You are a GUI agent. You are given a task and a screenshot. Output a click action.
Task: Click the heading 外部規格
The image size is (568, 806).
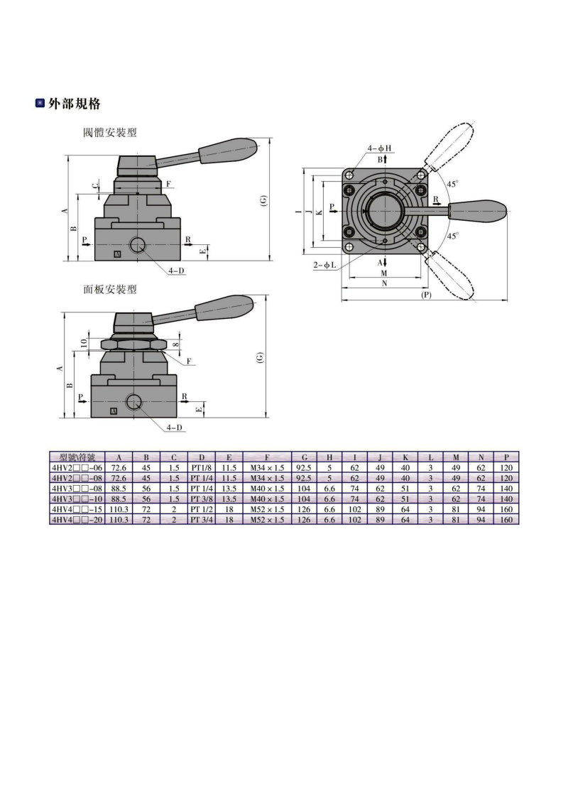(74, 103)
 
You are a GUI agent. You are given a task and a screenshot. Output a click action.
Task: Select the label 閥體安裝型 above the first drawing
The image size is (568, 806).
(110, 132)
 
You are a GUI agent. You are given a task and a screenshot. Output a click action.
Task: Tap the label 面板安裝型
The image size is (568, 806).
(110, 289)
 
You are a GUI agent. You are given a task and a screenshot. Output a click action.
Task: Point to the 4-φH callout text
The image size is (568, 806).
(379, 148)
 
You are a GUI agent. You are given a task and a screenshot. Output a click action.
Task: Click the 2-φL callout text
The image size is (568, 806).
(325, 265)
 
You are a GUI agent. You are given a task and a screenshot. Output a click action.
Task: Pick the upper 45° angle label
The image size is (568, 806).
(452, 183)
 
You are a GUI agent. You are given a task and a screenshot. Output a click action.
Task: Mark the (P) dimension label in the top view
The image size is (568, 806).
(426, 295)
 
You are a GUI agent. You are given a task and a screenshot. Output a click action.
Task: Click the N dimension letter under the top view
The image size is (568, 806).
(385, 283)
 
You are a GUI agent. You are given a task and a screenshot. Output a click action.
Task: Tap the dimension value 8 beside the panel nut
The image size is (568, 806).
(176, 344)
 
